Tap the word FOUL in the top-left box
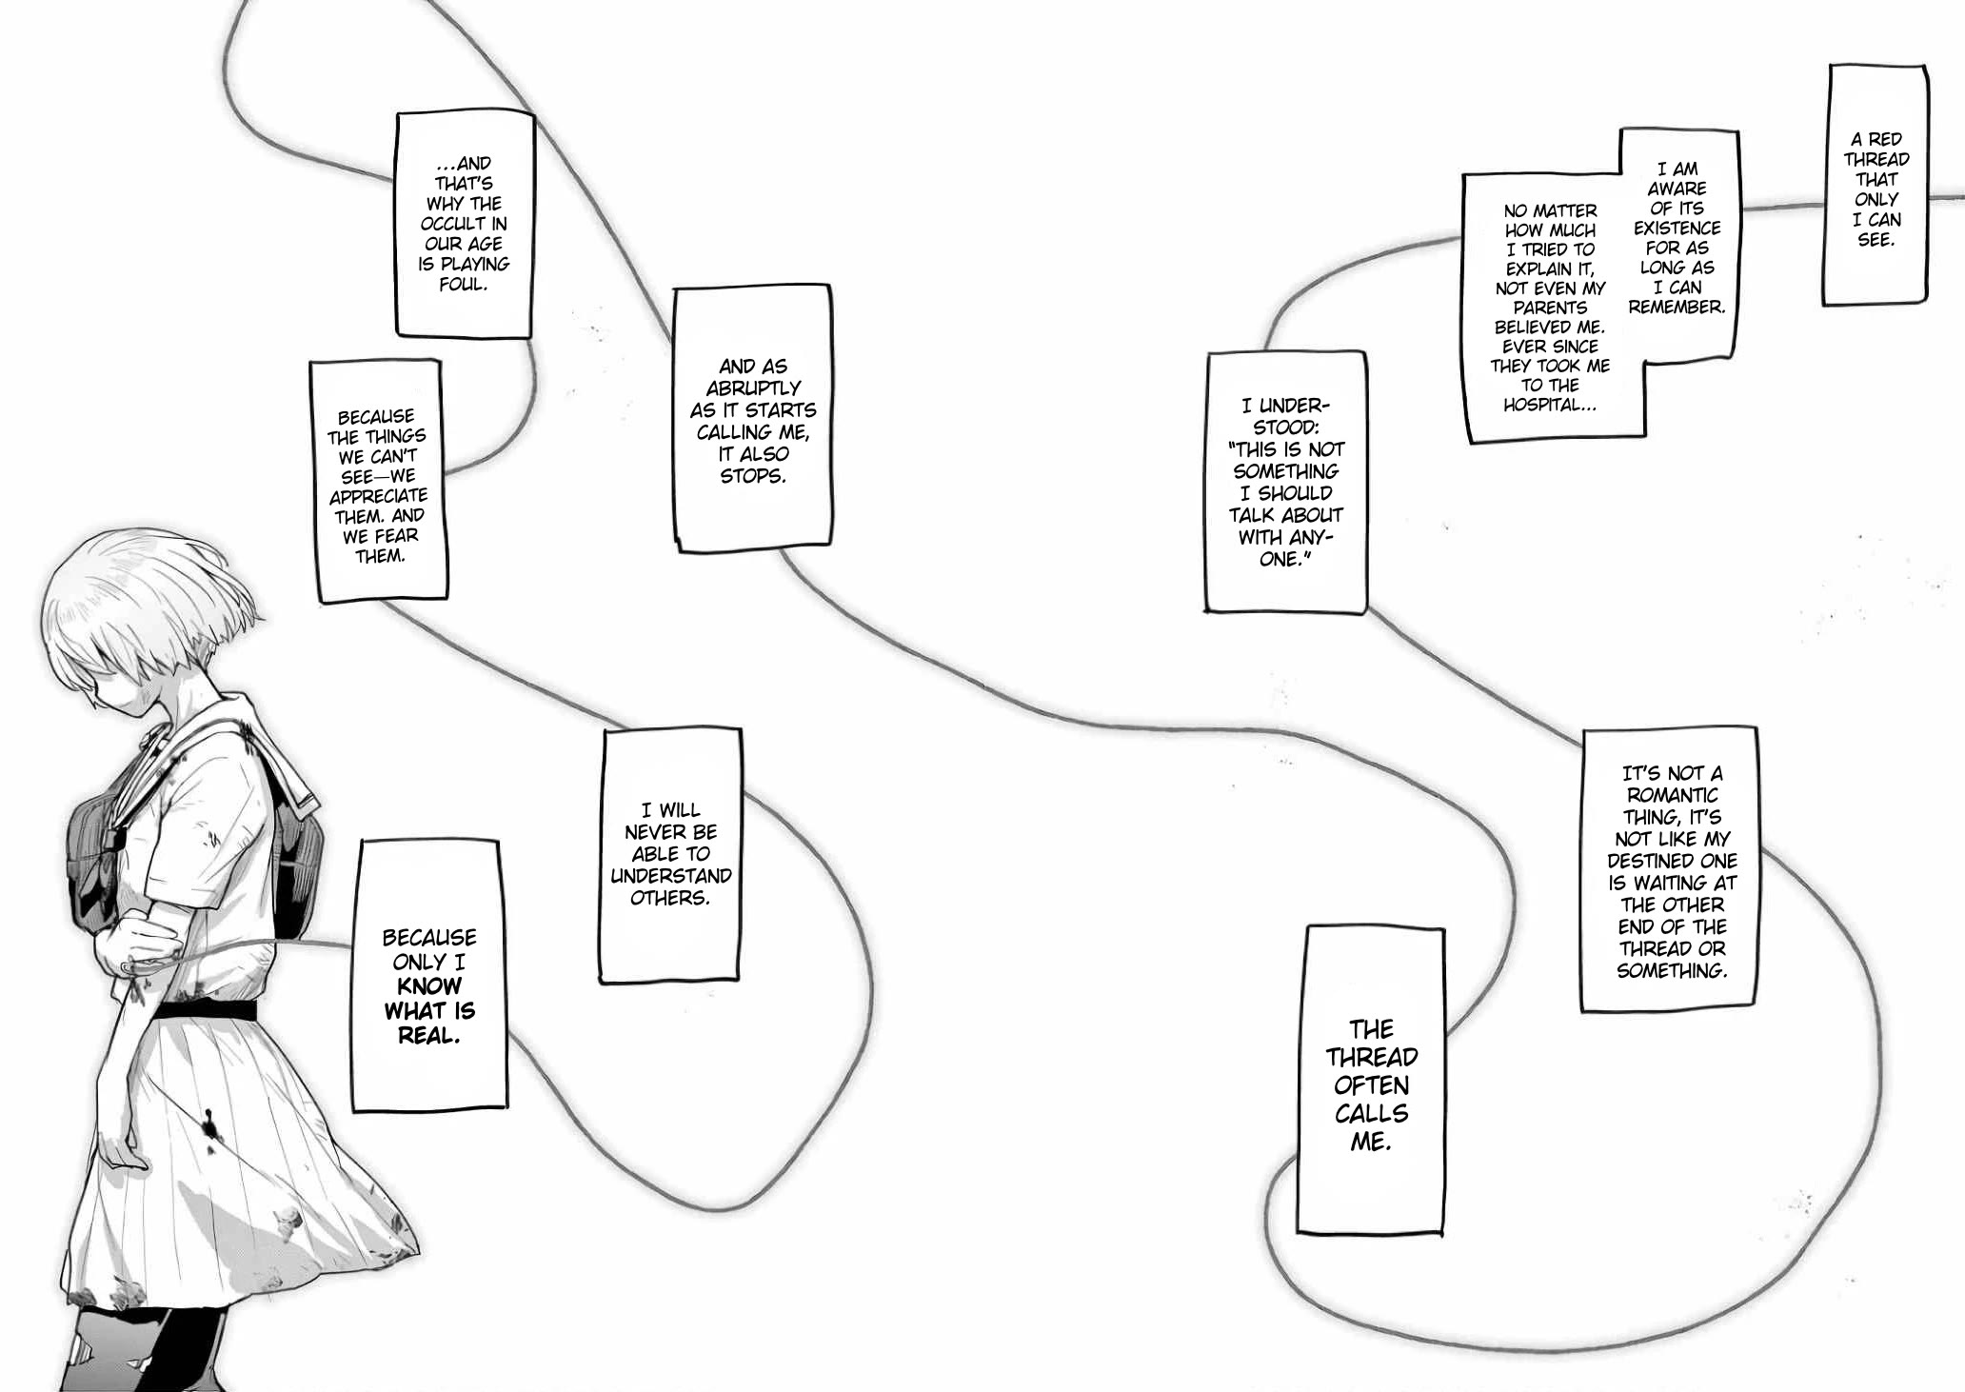pyautogui.click(x=462, y=284)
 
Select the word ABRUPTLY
pyautogui.click(x=753, y=388)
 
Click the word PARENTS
pyautogui.click(x=1550, y=308)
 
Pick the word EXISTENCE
pyautogui.click(x=1677, y=229)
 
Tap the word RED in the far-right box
pyautogui.click(x=1885, y=140)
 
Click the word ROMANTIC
pyautogui.click(x=1672, y=795)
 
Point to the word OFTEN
pyautogui.click(x=1371, y=1085)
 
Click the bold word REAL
pyautogui.click(x=428, y=1036)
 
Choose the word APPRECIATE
pyautogui.click(x=378, y=496)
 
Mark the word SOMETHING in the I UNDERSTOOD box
pyautogui.click(x=1285, y=471)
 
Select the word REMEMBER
pyautogui.click(x=1677, y=308)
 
